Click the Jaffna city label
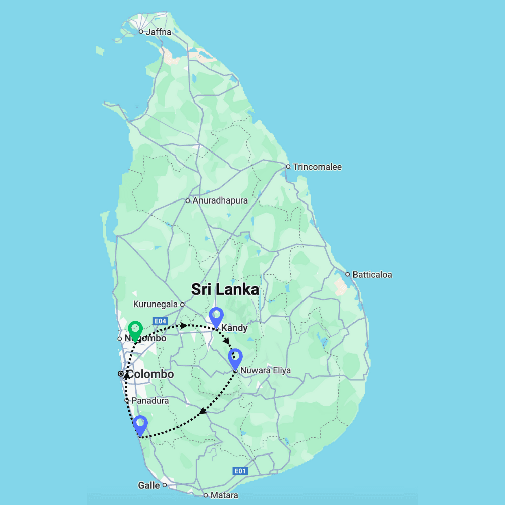(158, 32)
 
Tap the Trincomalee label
(317, 167)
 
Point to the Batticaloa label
(372, 275)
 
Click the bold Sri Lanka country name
(225, 289)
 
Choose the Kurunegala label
(156, 304)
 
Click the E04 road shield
(160, 321)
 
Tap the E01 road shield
(240, 471)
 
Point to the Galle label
(148, 485)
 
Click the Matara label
(224, 495)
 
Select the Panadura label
(150, 400)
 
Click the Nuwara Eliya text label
(266, 370)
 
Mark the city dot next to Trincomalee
(288, 167)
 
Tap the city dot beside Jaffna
(141, 32)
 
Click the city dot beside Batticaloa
(347, 275)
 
